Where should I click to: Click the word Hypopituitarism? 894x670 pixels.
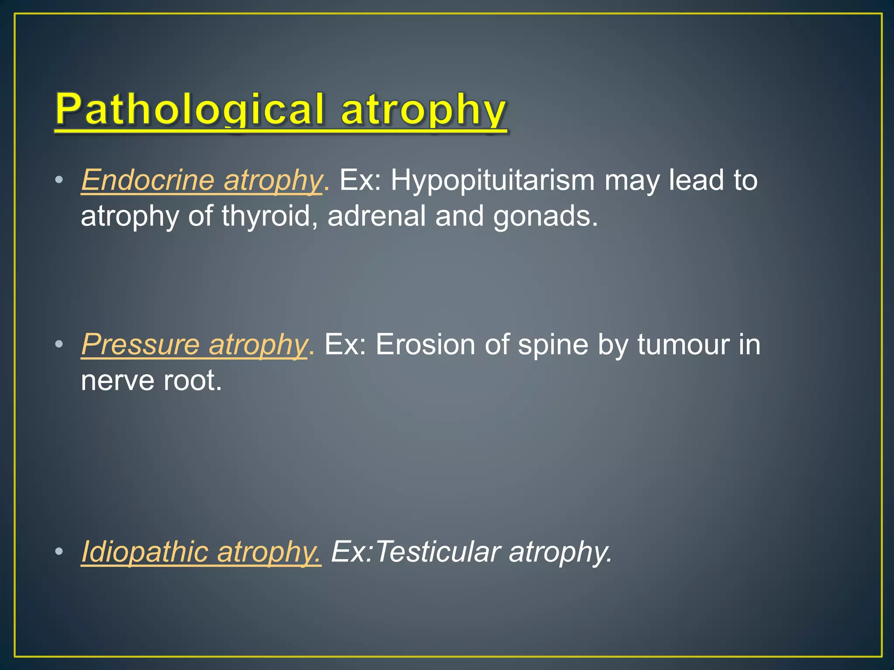492,180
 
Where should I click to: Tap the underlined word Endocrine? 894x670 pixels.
148,180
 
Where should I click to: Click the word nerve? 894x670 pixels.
117,381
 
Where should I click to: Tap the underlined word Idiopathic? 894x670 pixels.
144,552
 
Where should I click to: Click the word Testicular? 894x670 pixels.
437,552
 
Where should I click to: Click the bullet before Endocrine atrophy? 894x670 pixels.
59,180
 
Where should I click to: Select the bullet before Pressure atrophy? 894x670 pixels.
59,345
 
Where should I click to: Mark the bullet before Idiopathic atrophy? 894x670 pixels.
59,552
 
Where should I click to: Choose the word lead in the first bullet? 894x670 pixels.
696,180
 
